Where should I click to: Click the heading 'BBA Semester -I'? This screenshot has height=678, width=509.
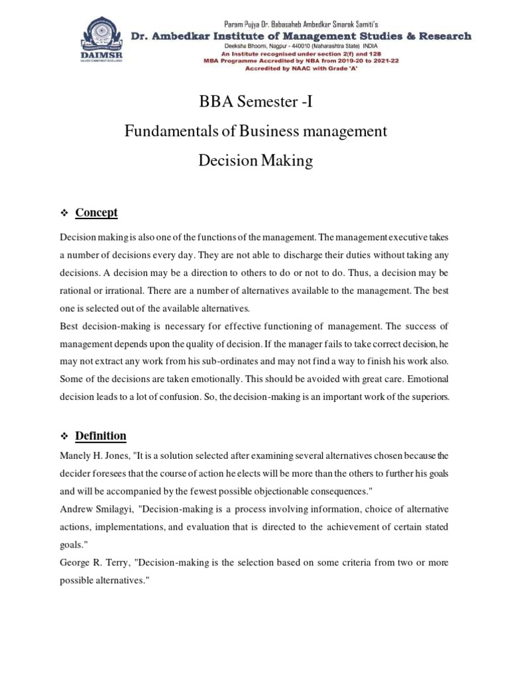pyautogui.click(x=254, y=102)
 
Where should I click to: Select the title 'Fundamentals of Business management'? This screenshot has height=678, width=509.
pyautogui.click(x=255, y=131)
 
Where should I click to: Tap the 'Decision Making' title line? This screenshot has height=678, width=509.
pyautogui.click(x=255, y=161)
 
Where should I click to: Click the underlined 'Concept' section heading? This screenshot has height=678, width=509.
pyautogui.click(x=96, y=213)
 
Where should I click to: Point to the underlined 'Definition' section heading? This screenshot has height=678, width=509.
pyautogui.click(x=100, y=436)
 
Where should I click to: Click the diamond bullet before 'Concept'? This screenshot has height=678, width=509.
pyautogui.click(x=65, y=213)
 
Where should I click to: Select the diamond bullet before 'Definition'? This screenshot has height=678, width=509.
pyautogui.click(x=65, y=436)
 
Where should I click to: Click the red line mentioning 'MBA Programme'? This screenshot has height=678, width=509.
pyautogui.click(x=302, y=61)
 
